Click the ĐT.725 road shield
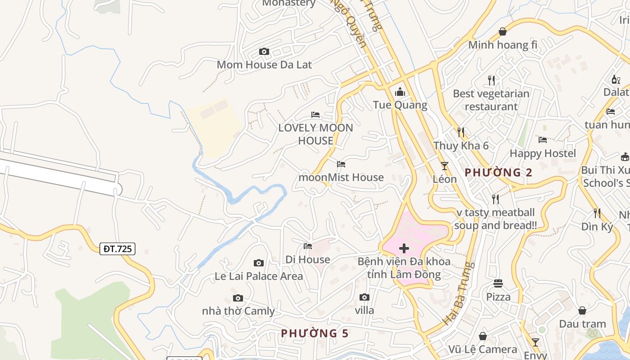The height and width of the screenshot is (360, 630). coord(117,248)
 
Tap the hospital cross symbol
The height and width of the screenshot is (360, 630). coord(404,248)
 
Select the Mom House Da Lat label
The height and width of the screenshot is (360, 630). coord(264,65)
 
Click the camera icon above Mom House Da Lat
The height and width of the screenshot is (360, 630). coord(264,52)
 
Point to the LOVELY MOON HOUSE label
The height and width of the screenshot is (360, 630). coord(315,134)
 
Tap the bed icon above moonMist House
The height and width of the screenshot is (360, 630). coord(341,164)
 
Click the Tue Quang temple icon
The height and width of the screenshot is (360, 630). coord(400,92)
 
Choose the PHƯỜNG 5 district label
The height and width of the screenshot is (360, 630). coord(315,333)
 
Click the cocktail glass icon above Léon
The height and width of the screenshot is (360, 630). coord(445,166)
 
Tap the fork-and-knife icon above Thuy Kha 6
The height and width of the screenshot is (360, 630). coord(461,132)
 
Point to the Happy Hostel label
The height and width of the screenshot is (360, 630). coord(543,153)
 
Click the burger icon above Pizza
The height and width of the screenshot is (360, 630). coord(498,283)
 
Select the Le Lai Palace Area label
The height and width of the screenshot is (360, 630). coord(259,276)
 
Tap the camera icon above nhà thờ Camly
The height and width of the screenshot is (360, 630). coord(238,298)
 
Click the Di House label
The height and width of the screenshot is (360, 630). coord(308,260)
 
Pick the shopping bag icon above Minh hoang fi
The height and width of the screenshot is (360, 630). coord(503,31)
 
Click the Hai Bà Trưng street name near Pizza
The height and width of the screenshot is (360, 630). coord(459,293)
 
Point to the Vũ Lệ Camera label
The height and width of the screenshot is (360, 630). coord(483,349)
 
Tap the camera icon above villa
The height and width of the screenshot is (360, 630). coord(364,297)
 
